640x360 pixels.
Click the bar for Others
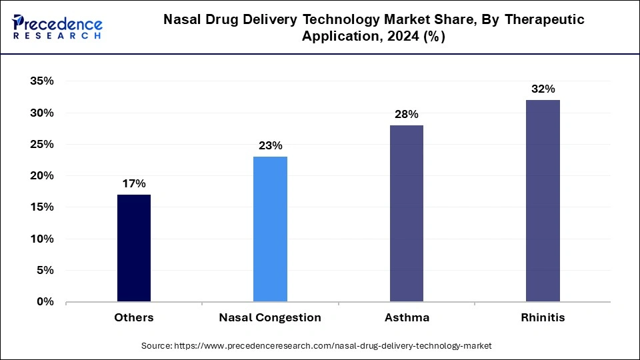click(134, 248)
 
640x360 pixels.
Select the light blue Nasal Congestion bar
click(270, 229)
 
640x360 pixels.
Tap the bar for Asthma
click(406, 213)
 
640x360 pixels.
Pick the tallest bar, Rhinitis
click(543, 201)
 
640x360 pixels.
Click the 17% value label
click(134, 183)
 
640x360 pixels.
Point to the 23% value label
click(270, 145)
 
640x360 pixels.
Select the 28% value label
click(406, 114)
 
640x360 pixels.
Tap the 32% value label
click(543, 89)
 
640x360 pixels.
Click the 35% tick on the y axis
click(41, 81)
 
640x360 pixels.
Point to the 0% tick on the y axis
click(44, 302)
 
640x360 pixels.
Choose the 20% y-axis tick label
click(41, 176)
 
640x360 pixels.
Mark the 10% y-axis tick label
click(41, 239)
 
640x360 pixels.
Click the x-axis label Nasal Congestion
click(270, 318)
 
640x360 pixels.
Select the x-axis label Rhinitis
click(543, 318)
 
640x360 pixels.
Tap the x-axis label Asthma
click(406, 318)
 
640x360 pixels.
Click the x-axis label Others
click(134, 318)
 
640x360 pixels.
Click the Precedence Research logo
click(57, 27)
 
